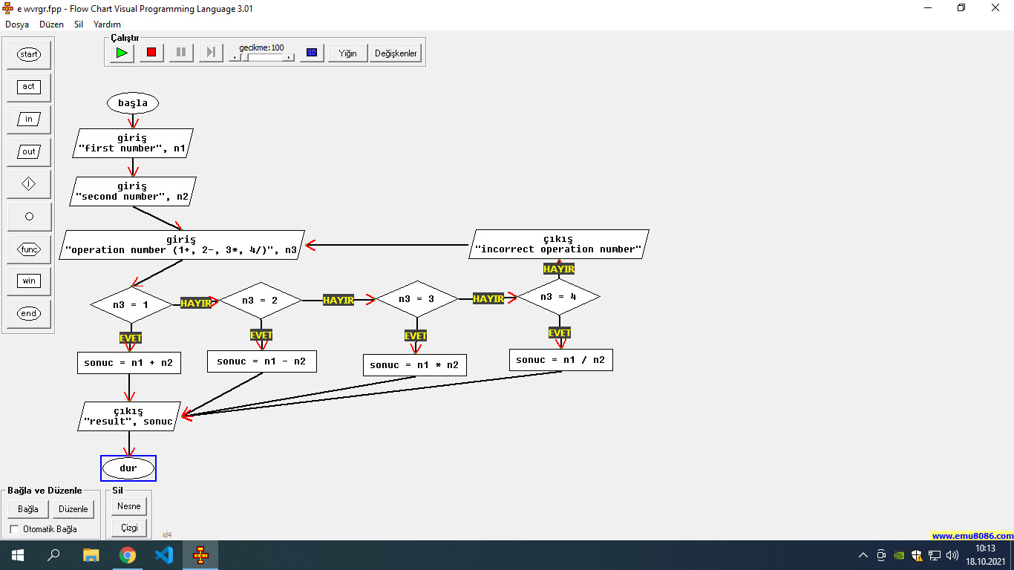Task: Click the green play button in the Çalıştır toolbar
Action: tap(122, 53)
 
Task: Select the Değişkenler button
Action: tap(396, 53)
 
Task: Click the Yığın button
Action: tap(347, 53)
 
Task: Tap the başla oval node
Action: tap(133, 103)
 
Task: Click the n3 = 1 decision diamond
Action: tap(131, 304)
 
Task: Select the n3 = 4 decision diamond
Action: tap(558, 297)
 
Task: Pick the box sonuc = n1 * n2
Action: tap(414, 365)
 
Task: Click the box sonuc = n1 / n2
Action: tap(560, 360)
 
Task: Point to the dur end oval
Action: tap(128, 468)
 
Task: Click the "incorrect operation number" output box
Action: tap(558, 244)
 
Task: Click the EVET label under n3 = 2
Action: tap(261, 335)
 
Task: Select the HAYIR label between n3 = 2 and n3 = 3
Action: tap(338, 300)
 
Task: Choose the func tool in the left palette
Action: tap(29, 249)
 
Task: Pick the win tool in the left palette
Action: tap(29, 281)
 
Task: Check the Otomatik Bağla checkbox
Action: tap(15, 529)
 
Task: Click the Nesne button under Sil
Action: tap(129, 506)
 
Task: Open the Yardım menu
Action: tap(107, 24)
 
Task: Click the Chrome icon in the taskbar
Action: tap(128, 555)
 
